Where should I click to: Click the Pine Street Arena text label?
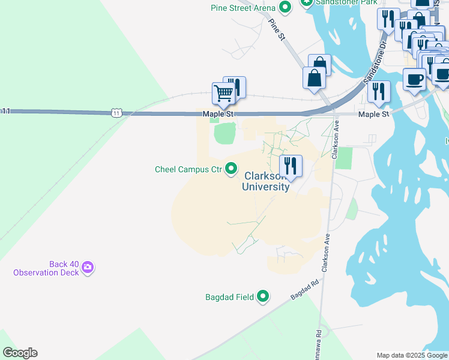tap(243, 8)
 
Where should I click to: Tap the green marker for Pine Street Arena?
tap(286, 7)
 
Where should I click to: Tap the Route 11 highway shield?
tap(116, 112)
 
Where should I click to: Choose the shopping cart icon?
tap(223, 94)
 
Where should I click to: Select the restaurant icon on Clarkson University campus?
tap(291, 166)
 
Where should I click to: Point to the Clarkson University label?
tap(266, 181)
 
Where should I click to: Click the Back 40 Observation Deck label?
tap(46, 268)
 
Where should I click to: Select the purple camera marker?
tap(88, 268)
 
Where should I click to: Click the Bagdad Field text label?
tap(229, 296)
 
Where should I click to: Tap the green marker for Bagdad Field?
tap(263, 296)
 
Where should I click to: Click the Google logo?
tap(20, 353)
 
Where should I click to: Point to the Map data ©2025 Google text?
tap(411, 355)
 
